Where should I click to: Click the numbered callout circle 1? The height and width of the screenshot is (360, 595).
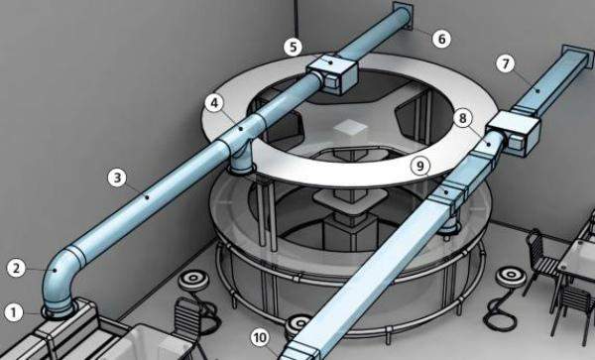pyautogui.click(x=14, y=313)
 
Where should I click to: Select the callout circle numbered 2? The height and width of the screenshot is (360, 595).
pyautogui.click(x=16, y=269)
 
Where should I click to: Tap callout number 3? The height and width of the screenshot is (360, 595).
pyautogui.click(x=117, y=178)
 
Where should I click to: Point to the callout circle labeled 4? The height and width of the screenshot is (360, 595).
pyautogui.click(x=214, y=103)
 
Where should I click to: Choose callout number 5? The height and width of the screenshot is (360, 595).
pyautogui.click(x=293, y=47)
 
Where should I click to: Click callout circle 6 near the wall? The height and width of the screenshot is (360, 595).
pyautogui.click(x=441, y=39)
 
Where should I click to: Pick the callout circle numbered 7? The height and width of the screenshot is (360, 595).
pyautogui.click(x=506, y=63)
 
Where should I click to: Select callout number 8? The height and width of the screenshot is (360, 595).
pyautogui.click(x=462, y=118)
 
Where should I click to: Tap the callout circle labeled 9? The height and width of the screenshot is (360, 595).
pyautogui.click(x=420, y=166)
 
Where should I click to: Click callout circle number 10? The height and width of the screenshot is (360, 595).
pyautogui.click(x=260, y=337)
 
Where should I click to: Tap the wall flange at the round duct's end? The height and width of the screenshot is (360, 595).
pyautogui.click(x=403, y=16)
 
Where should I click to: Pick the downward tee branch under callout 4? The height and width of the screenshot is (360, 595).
pyautogui.click(x=241, y=160)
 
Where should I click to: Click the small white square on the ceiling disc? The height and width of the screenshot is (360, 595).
pyautogui.click(x=350, y=127)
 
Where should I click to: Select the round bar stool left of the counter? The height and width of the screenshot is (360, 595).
pyautogui.click(x=193, y=281)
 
